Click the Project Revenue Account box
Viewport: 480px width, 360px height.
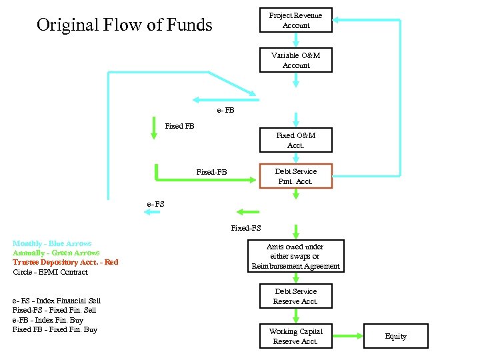coord(295,21)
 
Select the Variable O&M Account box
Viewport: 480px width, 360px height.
coord(295,61)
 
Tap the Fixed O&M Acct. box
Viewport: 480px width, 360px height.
coord(295,140)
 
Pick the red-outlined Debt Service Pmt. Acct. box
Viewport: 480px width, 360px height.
coord(295,176)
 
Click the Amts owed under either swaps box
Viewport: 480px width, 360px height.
coord(295,257)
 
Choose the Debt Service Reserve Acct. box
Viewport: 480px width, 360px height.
coord(295,297)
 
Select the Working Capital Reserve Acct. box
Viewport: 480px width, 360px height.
coord(295,337)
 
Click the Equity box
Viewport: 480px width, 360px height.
coord(395,337)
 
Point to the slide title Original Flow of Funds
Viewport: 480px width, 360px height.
coord(124,26)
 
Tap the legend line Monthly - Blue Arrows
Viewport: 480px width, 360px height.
coord(52,244)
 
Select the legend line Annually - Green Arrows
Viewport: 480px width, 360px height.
coord(56,253)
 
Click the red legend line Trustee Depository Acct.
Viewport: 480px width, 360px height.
coord(65,263)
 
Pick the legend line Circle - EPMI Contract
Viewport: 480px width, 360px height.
coord(50,272)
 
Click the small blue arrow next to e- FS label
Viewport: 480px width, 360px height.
coord(152,212)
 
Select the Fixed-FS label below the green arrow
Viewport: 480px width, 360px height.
coord(245,228)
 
